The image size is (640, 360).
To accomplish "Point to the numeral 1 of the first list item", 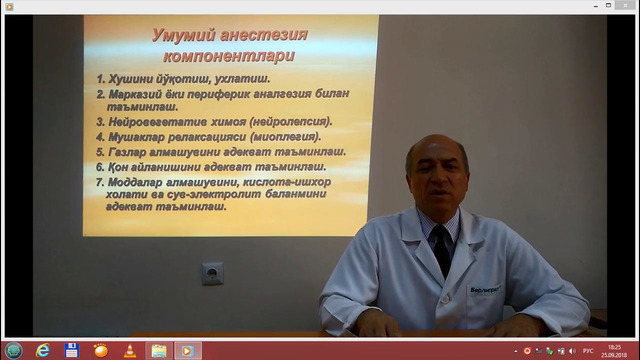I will point(101,77).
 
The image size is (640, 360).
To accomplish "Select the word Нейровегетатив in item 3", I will point(154,120).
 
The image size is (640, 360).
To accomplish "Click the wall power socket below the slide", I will point(212,271).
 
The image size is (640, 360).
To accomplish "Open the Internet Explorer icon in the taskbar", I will point(43,351).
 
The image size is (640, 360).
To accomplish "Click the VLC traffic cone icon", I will point(129,351).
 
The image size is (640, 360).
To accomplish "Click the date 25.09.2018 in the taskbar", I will point(613,355).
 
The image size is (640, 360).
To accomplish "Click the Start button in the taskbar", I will point(12,351).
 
